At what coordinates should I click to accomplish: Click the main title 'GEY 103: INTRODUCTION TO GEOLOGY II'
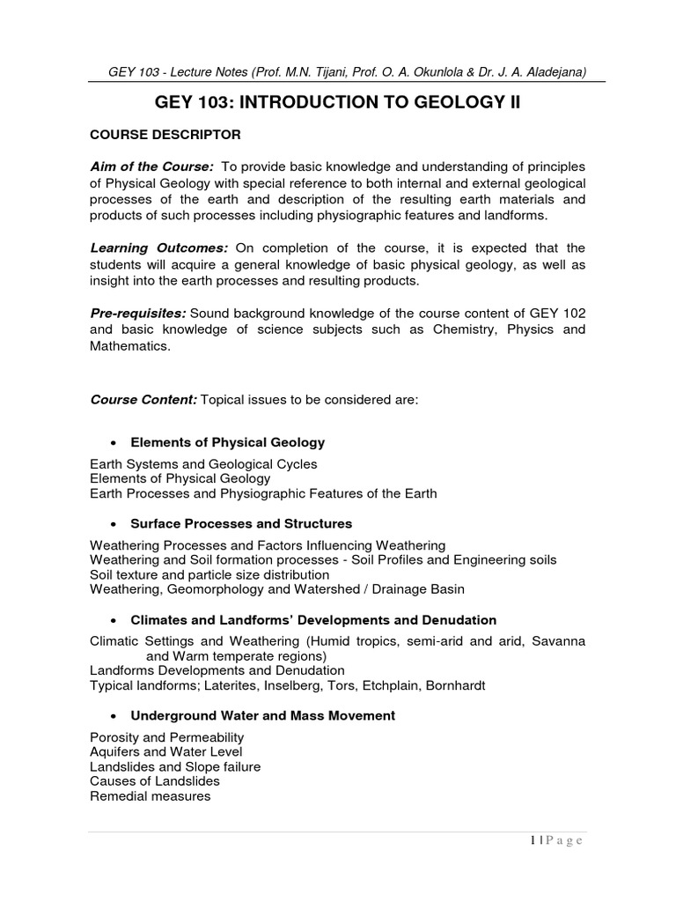click(338, 103)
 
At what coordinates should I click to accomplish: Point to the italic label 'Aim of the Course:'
click(152, 167)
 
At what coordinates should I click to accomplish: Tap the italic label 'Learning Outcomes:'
click(158, 248)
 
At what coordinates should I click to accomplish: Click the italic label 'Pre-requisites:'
click(138, 313)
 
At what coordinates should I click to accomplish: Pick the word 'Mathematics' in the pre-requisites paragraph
click(129, 345)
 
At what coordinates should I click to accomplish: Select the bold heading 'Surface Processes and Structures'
click(241, 523)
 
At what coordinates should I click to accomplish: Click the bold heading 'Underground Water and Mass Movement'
click(262, 716)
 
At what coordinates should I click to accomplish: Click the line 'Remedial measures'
click(150, 796)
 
